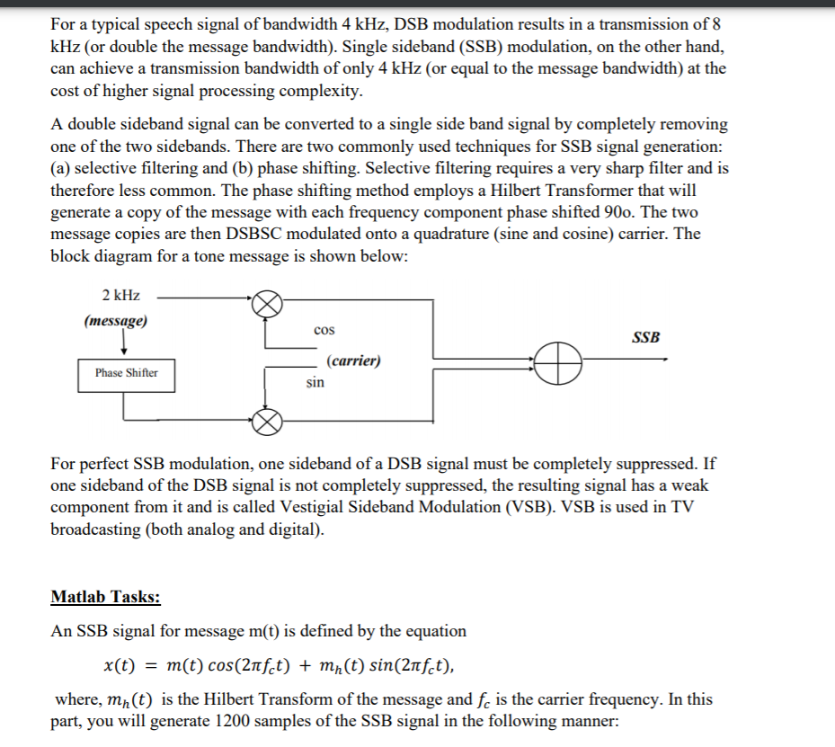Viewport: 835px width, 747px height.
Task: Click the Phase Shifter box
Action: click(x=126, y=373)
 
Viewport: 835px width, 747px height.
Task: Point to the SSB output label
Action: click(x=645, y=338)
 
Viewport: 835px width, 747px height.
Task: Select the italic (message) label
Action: click(x=116, y=321)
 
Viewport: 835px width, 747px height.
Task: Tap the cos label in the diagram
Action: click(x=324, y=331)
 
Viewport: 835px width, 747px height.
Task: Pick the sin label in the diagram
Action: click(x=315, y=382)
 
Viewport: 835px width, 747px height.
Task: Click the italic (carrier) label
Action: click(x=353, y=360)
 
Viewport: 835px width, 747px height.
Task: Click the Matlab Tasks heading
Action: click(x=106, y=597)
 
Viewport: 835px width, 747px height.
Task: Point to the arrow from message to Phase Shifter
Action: click(x=123, y=344)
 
